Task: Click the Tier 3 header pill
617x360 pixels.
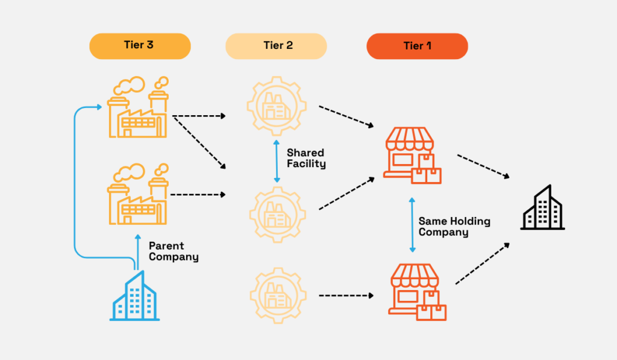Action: [x=140, y=46]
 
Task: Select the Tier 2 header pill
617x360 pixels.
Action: [x=276, y=46]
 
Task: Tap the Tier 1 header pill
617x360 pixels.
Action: [x=417, y=46]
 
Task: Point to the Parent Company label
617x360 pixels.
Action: [x=174, y=251]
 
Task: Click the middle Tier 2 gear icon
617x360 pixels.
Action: [x=277, y=215]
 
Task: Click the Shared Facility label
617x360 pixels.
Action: [x=306, y=159]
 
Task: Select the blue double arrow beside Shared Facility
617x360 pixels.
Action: [x=277, y=161]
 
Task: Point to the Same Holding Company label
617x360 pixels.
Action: [x=454, y=227]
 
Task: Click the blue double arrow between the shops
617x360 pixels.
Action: [x=412, y=224]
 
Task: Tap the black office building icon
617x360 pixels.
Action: [x=542, y=207]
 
